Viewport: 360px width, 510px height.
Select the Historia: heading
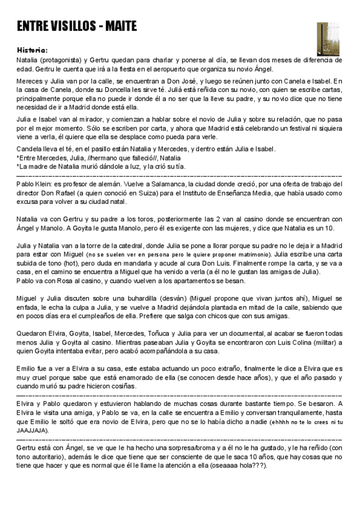click(32, 50)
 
